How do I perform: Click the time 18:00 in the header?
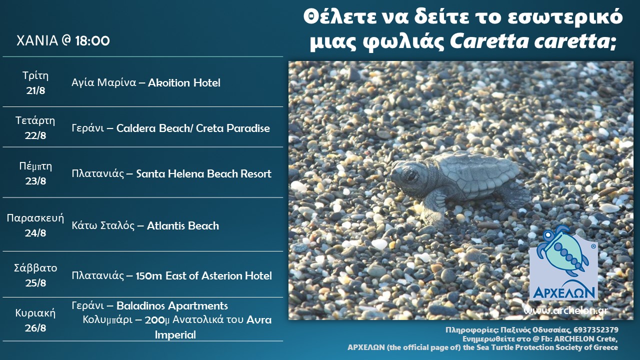point(92,41)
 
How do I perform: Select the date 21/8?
point(35,90)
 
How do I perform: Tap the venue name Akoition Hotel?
point(184,83)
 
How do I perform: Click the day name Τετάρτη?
point(35,120)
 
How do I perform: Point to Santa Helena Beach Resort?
point(203,173)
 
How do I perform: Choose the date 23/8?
point(35,181)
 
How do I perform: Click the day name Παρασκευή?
point(35,218)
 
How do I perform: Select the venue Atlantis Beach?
point(183,226)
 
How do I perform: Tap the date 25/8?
point(35,283)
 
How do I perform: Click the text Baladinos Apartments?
point(172,306)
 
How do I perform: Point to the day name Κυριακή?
point(35,313)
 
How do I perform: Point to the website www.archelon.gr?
point(565,310)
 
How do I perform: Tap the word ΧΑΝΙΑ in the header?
point(37,41)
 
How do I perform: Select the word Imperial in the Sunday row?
point(175,335)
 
